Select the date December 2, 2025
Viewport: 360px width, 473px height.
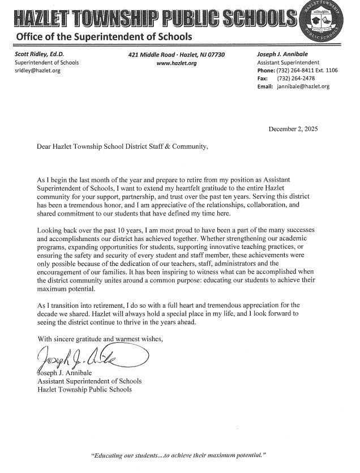293,130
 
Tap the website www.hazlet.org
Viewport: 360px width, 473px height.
177,63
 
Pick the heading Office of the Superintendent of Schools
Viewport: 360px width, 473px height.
104,37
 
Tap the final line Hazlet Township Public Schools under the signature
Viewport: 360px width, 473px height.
84,390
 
